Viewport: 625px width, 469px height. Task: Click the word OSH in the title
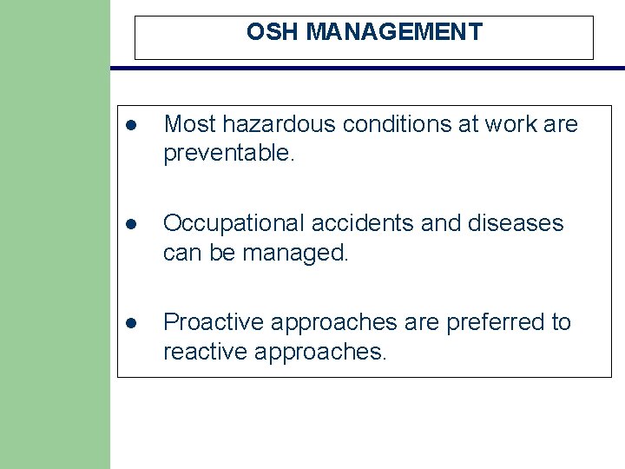[x=273, y=32]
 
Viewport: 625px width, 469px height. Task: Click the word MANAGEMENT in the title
[x=394, y=32]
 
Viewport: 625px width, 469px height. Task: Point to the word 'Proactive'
[x=214, y=322]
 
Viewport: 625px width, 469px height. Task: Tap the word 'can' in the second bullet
[x=180, y=253]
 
